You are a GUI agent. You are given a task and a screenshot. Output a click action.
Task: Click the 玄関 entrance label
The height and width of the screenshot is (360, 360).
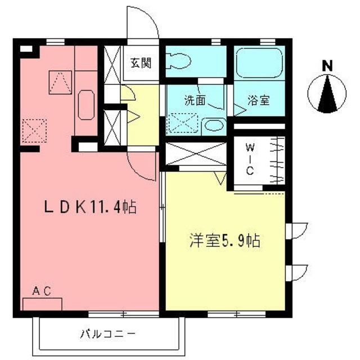[x=141, y=62]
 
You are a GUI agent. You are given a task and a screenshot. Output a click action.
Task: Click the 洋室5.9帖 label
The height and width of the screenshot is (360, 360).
[x=223, y=242]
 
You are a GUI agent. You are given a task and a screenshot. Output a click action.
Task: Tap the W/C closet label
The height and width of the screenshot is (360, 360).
[x=250, y=159]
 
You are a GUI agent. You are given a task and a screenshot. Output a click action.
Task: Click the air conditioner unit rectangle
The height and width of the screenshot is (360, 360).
[x=42, y=304]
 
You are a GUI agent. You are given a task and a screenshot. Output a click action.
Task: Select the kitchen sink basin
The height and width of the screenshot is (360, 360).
[x=85, y=105]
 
